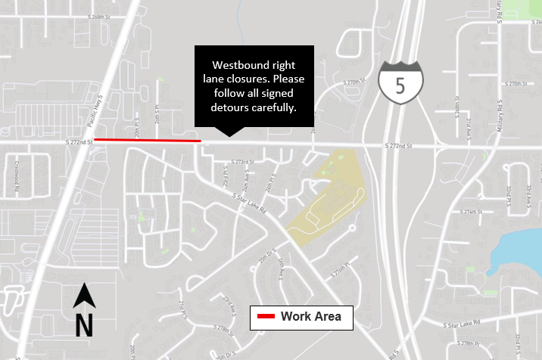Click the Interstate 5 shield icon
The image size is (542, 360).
[x=400, y=82]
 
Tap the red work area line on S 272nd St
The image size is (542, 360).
[x=147, y=140]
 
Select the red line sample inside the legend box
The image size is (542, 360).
[x=266, y=317]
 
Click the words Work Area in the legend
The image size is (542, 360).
[x=310, y=317]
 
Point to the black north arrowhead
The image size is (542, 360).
[x=83, y=296]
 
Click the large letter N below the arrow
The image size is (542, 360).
[x=83, y=325]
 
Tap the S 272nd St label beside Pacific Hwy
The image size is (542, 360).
[x=79, y=141]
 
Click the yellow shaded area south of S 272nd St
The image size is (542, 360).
[x=326, y=197]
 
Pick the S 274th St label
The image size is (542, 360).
[x=469, y=213]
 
